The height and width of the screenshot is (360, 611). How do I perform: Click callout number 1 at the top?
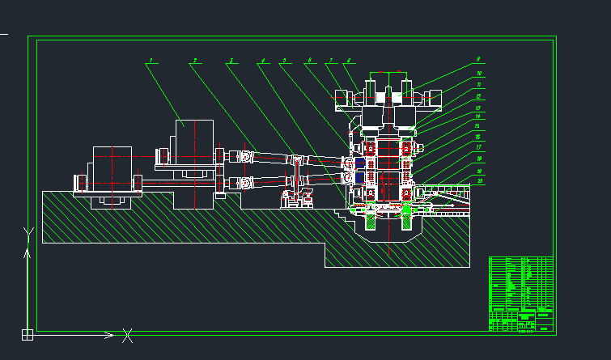[x=151, y=61]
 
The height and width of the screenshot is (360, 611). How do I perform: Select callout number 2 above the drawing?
[x=194, y=61]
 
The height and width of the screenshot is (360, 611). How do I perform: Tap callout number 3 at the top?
[x=231, y=61]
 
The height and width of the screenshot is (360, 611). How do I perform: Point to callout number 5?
[x=284, y=61]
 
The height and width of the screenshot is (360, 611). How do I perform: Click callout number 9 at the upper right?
[x=478, y=60]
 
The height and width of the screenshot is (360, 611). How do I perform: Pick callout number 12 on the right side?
[x=479, y=96]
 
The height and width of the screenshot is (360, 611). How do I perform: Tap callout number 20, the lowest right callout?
[x=480, y=181]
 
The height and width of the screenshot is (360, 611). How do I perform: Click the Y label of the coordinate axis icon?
[x=28, y=235]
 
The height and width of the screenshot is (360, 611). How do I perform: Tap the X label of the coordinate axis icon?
[x=127, y=334]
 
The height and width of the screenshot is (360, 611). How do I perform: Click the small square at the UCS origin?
[x=27, y=334]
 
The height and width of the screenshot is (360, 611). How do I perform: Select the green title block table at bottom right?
[x=521, y=294]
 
